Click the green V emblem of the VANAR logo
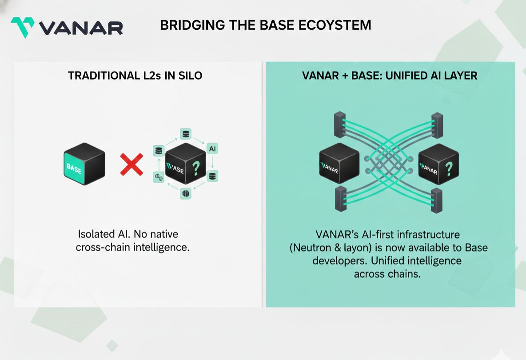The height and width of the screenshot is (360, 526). pyautogui.click(x=23, y=27)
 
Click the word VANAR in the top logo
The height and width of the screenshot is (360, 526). pyautogui.click(x=80, y=28)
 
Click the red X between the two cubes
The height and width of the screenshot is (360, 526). pyautogui.click(x=132, y=164)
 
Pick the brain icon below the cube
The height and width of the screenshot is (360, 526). pyautogui.click(x=186, y=193)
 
